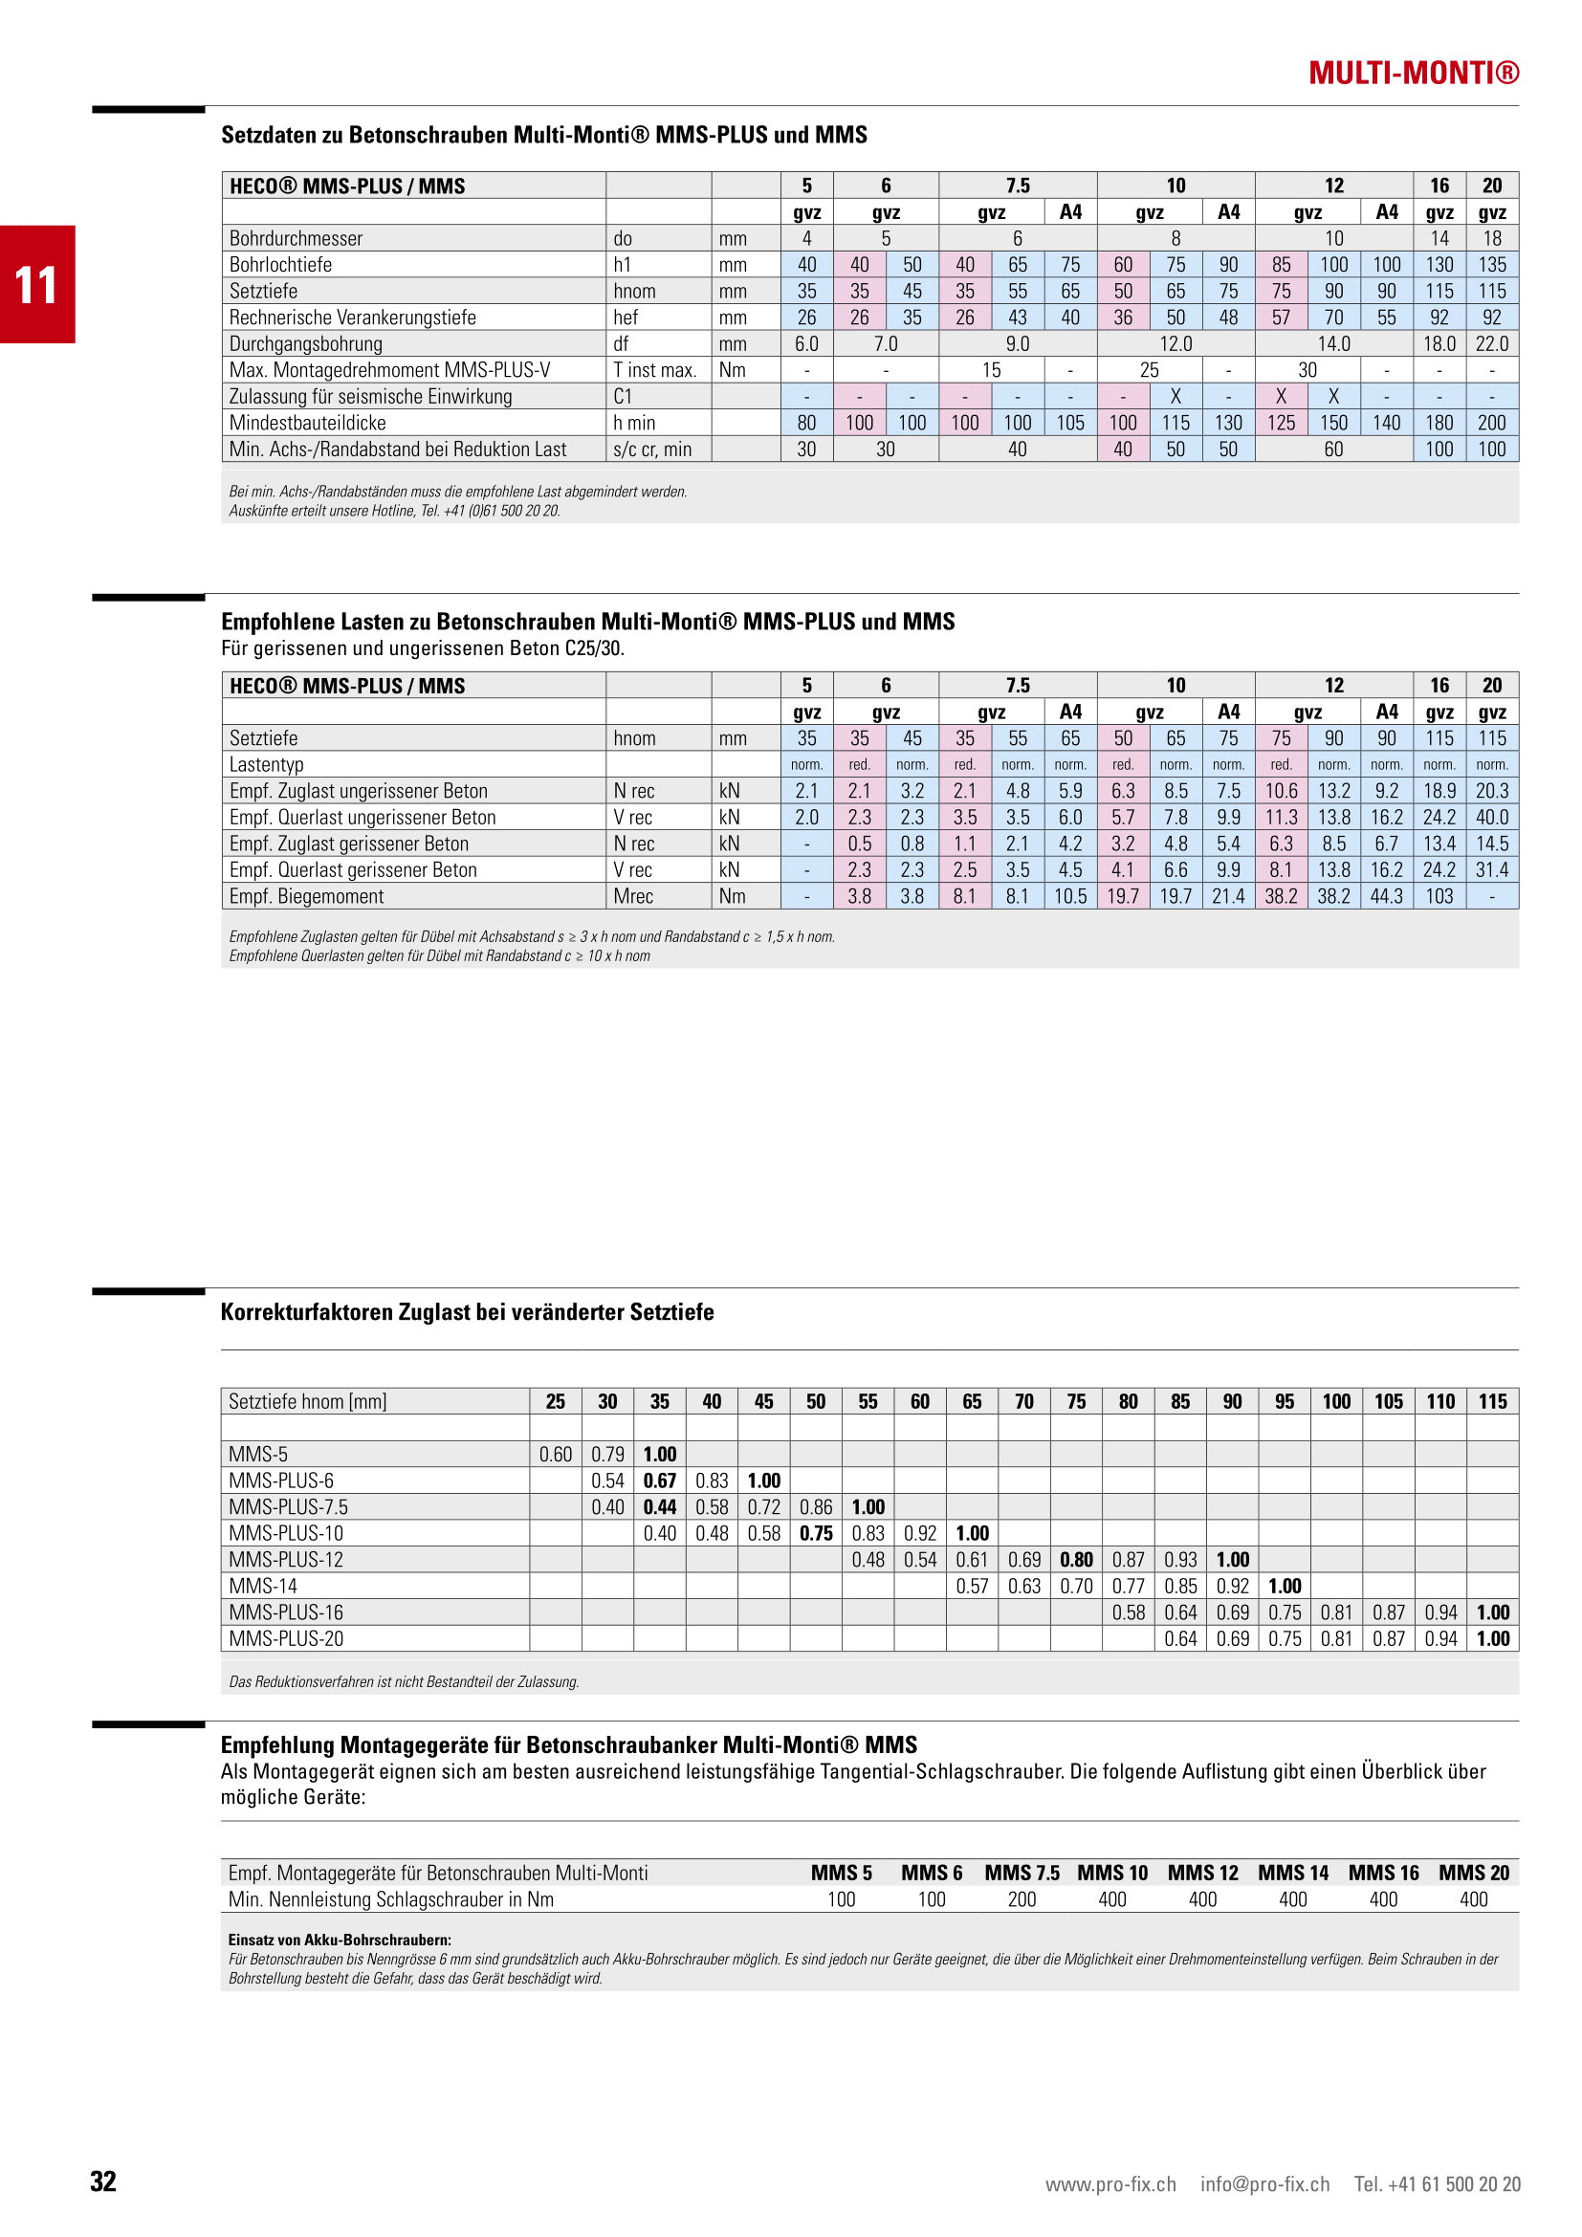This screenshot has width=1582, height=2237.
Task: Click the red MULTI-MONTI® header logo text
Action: [x=1413, y=73]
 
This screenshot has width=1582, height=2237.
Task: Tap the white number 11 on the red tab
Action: [x=36, y=284]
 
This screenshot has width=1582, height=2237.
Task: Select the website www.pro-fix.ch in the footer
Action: [x=1110, y=2183]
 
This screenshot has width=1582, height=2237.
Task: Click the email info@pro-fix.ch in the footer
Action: [x=1264, y=2183]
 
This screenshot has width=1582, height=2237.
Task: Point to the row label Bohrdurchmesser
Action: [x=296, y=239]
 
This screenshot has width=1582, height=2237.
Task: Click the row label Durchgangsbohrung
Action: [x=305, y=344]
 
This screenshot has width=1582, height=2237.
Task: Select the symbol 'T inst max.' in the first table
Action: [x=654, y=370]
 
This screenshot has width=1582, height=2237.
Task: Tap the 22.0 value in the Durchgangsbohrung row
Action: [x=1491, y=344]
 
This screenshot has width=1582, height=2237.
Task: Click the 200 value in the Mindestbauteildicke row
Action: [x=1491, y=423]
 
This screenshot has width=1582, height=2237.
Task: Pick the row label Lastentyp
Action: [x=266, y=765]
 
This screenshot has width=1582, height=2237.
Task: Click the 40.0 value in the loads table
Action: [x=1491, y=818]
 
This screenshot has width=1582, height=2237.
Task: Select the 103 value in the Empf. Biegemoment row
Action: [x=1439, y=896]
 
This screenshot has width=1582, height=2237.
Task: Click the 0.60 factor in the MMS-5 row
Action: [x=556, y=1455]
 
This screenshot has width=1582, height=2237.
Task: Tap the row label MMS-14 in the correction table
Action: [x=258, y=1586]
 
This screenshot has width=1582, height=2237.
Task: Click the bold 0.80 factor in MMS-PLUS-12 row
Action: [x=1075, y=1560]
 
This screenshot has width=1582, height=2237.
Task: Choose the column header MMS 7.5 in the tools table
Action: [x=1022, y=1873]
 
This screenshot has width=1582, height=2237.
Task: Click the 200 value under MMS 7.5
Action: [x=1022, y=1899]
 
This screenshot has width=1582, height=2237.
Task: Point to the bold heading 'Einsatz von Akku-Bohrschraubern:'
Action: [x=340, y=1940]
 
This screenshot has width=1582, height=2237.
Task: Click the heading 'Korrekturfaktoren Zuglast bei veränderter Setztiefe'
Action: [x=468, y=1312]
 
